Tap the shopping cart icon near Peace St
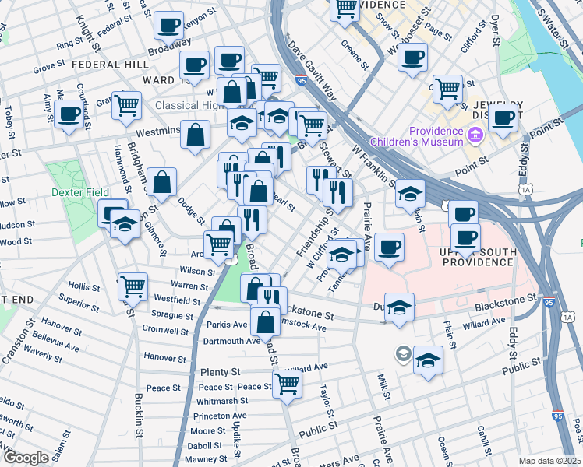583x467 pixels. pyautogui.click(x=288, y=383)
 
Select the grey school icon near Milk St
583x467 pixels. pyautogui.click(x=402, y=353)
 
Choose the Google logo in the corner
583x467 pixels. pyautogui.click(x=25, y=458)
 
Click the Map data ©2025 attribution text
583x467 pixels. pyautogui.click(x=549, y=461)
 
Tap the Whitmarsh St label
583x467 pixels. pyautogui.click(x=222, y=401)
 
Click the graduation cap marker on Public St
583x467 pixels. pyautogui.click(x=428, y=360)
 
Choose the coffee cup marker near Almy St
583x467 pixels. pyautogui.click(x=69, y=114)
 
